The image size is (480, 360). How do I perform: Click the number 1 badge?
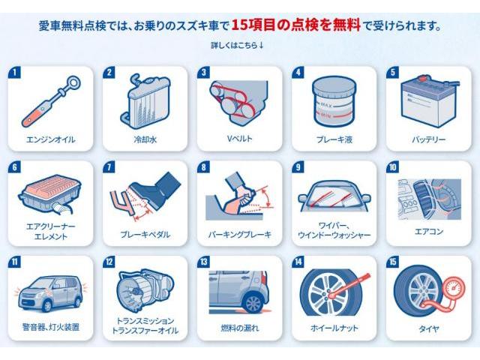(13, 73)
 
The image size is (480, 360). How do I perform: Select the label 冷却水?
(142, 139)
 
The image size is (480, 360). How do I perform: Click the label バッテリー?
(428, 139)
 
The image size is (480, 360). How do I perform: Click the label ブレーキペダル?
(142, 235)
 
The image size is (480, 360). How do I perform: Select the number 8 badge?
(202, 168)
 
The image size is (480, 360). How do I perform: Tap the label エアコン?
(428, 232)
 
